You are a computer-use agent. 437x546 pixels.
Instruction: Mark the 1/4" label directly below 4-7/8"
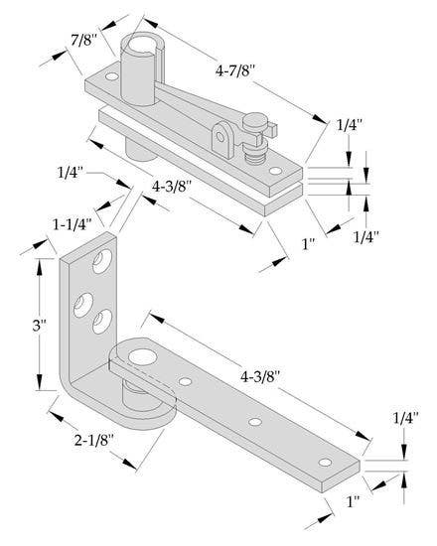(x=349, y=126)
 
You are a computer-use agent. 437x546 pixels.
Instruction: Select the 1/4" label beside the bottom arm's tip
(x=405, y=418)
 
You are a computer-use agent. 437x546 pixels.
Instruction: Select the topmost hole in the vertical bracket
(x=101, y=261)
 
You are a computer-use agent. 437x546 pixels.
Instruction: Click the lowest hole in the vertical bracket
(x=100, y=322)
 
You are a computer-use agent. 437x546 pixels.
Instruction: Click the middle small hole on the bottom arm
(x=256, y=422)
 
